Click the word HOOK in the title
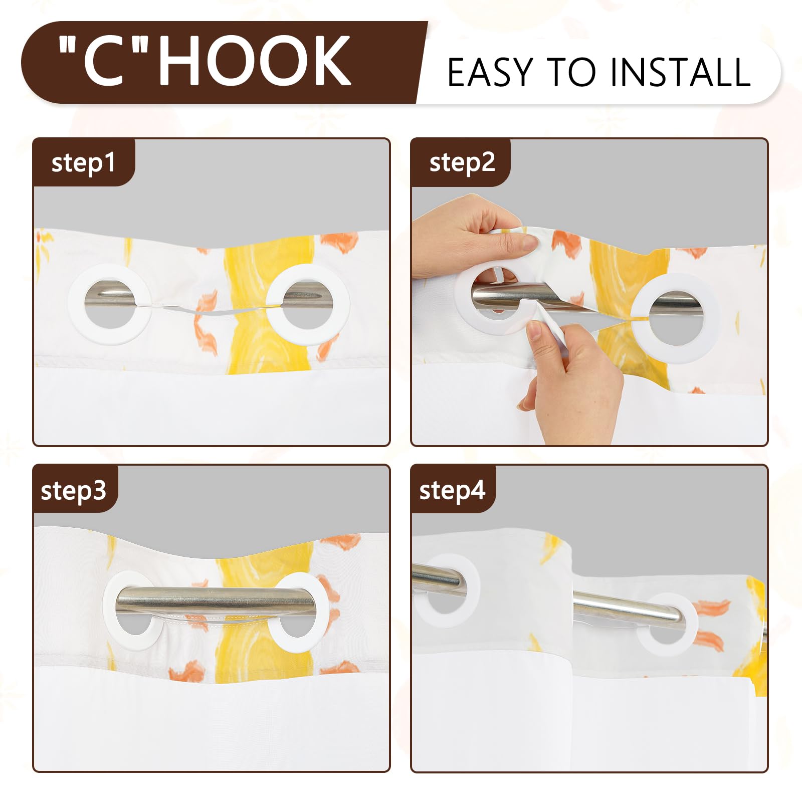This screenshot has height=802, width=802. click(255, 61)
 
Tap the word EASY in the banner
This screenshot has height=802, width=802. click(489, 73)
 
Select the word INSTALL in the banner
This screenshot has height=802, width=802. click(680, 73)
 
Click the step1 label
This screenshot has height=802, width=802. click(83, 163)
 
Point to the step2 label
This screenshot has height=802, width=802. click(462, 163)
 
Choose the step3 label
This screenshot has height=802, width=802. click(74, 490)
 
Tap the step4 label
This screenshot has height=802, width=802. click(452, 490)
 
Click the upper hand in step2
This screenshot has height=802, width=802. click(471, 236)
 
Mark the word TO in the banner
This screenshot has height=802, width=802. click(571, 73)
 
